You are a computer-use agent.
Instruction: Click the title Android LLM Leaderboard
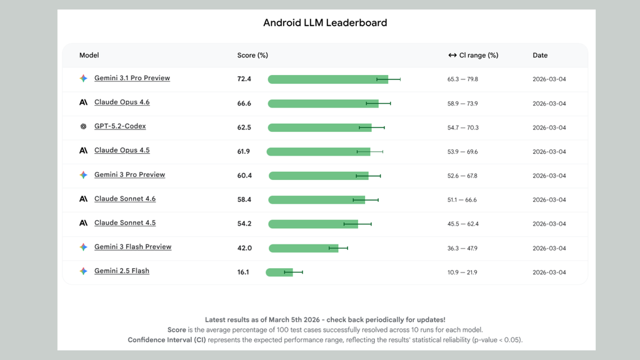(325, 23)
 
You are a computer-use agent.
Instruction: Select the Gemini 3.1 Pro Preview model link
(132, 78)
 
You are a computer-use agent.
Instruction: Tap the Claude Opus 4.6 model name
(122, 102)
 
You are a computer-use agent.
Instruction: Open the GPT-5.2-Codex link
(120, 126)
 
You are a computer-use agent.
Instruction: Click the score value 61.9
(244, 151)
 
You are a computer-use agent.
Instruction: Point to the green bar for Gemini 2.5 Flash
(279, 272)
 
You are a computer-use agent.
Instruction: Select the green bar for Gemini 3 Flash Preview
(303, 248)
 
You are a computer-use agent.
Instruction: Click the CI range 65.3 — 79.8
(462, 79)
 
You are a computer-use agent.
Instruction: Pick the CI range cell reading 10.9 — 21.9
(462, 272)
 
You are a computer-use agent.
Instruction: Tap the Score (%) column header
(252, 56)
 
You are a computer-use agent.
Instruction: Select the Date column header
(540, 56)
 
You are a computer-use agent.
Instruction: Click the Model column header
(89, 56)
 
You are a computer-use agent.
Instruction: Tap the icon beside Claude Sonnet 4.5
(83, 223)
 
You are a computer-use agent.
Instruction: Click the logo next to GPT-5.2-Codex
(83, 126)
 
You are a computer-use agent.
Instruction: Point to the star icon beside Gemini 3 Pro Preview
(83, 175)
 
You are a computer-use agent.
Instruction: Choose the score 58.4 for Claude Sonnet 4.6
(244, 199)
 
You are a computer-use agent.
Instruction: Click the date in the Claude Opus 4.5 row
(549, 152)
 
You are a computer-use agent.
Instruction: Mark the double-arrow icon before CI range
(452, 56)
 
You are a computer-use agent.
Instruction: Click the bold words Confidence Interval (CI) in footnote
(167, 340)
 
